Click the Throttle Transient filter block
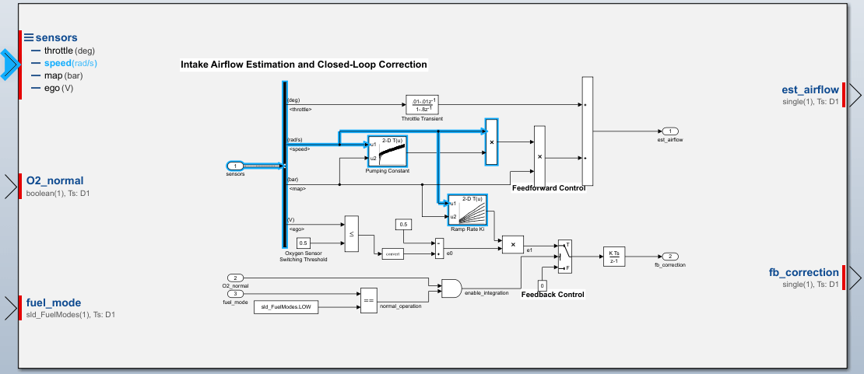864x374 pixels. coord(423,104)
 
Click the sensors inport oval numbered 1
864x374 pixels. coord(235,166)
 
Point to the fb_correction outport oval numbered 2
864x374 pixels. coord(670,257)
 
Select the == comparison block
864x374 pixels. coord(368,299)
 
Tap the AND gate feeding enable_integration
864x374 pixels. coord(451,288)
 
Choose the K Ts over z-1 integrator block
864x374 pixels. coord(613,257)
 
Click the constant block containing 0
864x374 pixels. coord(543,286)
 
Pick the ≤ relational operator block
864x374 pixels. coord(351,233)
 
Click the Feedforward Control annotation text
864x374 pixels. coord(549,188)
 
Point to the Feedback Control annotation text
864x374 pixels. coord(553,295)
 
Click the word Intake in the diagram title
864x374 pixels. coord(195,65)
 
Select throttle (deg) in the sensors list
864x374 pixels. coord(59,50)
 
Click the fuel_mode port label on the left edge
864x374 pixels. coord(54,302)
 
